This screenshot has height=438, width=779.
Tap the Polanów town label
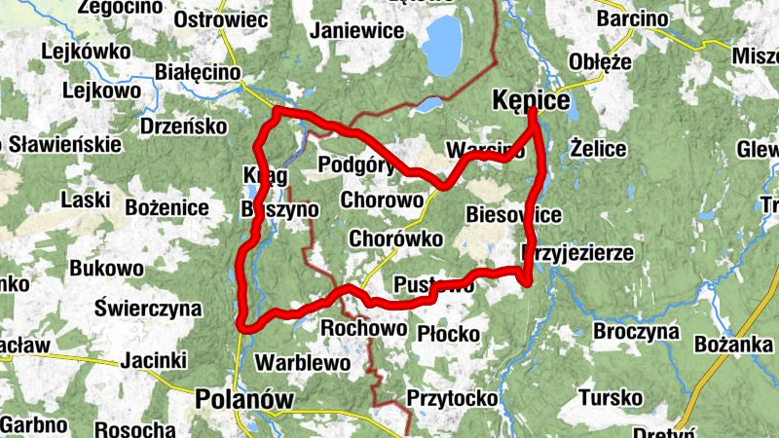pyautogui.click(x=243, y=398)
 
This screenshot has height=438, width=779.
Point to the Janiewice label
pyautogui.click(x=356, y=30)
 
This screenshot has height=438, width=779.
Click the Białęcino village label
pyautogui.click(x=198, y=71)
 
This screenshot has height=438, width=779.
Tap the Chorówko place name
pyautogui.click(x=395, y=238)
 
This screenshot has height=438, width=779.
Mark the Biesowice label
pyautogui.click(x=513, y=214)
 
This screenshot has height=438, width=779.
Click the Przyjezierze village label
pyautogui.click(x=578, y=253)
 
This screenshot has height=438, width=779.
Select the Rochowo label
pyautogui.click(x=363, y=328)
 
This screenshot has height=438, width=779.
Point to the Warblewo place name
pyautogui.click(x=302, y=363)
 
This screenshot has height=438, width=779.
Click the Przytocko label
pyautogui.click(x=452, y=397)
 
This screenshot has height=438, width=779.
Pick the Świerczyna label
pyautogui.click(x=148, y=310)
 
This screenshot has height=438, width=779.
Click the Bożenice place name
pyautogui.click(x=167, y=207)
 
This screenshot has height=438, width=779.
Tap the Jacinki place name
pyautogui.click(x=153, y=361)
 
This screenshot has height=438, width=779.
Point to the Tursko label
pyautogui.click(x=611, y=397)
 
